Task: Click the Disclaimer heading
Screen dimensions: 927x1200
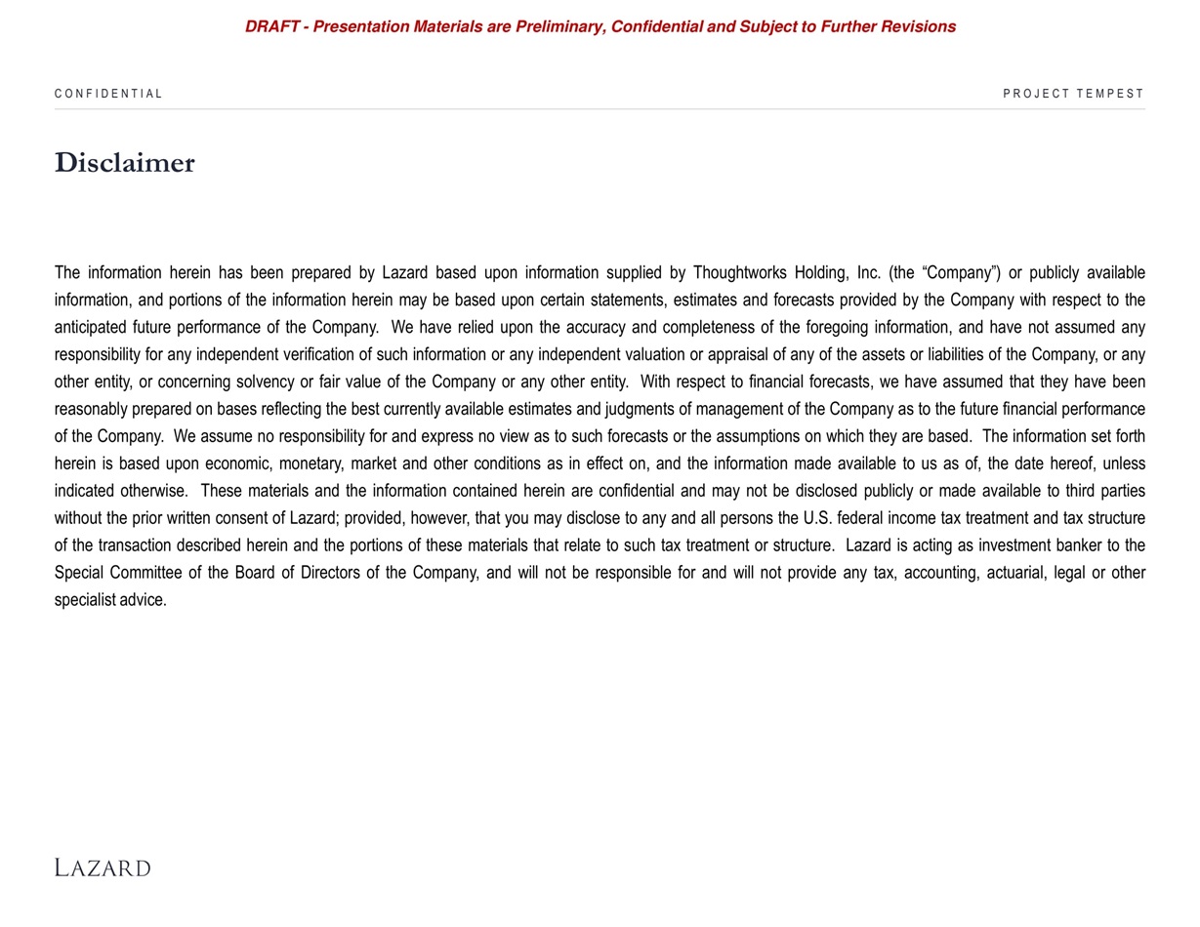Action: [125, 163]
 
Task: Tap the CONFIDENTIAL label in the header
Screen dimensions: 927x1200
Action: [108, 94]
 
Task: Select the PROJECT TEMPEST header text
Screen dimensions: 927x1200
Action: [1073, 94]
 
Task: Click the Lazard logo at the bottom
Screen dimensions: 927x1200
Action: [103, 867]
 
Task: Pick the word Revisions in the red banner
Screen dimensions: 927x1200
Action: [918, 26]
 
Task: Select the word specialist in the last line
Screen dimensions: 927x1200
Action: [85, 600]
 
